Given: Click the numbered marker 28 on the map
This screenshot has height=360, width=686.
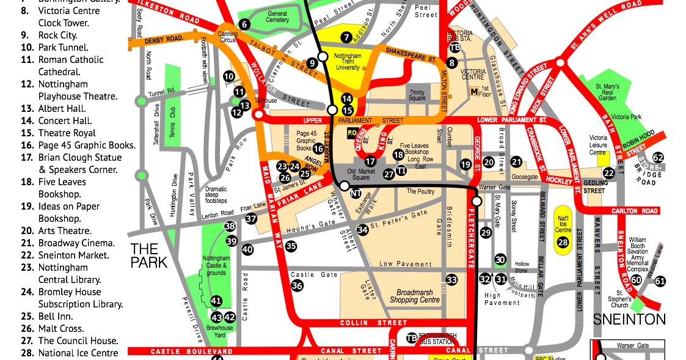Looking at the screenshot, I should [563, 243].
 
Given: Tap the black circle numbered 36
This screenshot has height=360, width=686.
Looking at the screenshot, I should [297, 285].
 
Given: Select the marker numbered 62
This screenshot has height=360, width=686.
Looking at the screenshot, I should [658, 158].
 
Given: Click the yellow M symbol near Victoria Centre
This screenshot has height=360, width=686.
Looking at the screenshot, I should [473, 92].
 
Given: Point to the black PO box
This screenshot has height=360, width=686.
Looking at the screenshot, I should [352, 131].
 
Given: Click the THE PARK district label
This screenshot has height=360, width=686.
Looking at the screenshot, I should [144, 255].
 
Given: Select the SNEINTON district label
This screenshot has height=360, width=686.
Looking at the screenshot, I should [629, 318].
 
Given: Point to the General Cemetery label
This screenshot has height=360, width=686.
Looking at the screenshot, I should [277, 17].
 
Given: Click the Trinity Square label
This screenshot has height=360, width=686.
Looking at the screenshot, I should [417, 95].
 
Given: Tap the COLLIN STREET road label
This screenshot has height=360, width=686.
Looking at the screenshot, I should [363, 323].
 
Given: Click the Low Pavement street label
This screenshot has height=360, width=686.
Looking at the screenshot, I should [406, 264].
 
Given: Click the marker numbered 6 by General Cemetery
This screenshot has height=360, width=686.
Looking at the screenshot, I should [244, 24].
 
